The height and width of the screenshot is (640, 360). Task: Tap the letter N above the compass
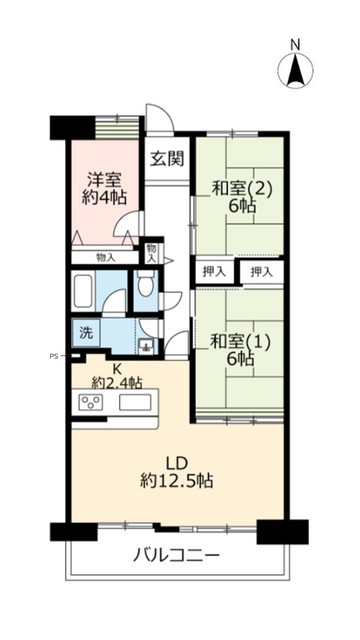tap(295, 44)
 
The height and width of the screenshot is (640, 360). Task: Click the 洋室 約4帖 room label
tap(105, 189)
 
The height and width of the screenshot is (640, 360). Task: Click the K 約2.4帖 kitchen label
tap(117, 375)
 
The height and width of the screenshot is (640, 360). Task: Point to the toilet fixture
tap(146, 289)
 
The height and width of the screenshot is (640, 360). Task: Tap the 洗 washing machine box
tap(84, 331)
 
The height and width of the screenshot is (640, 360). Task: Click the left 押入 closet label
tap(214, 270)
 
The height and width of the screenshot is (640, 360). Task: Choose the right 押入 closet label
tap(262, 270)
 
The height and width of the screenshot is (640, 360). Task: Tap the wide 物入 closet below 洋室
tap(106, 257)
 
